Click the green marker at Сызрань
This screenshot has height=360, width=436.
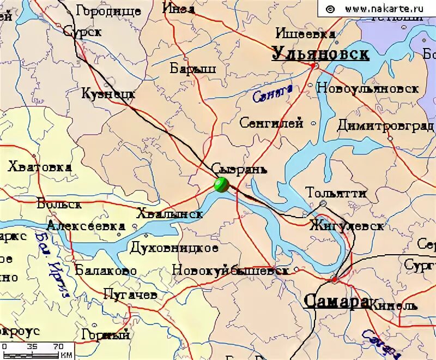coord(221,185)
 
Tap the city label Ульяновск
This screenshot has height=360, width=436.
coord(320,53)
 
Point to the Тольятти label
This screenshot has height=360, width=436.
coord(336,193)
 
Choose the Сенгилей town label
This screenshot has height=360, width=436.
coord(271,123)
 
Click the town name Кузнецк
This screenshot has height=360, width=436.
coord(108,94)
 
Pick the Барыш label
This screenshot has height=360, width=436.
coord(193,69)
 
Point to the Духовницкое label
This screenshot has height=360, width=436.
coord(174,248)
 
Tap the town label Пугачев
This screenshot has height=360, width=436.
coord(130,295)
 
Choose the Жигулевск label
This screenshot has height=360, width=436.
coord(347,225)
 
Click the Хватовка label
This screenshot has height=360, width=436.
coord(39,167)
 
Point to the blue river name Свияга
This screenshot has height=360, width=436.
coord(272,93)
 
